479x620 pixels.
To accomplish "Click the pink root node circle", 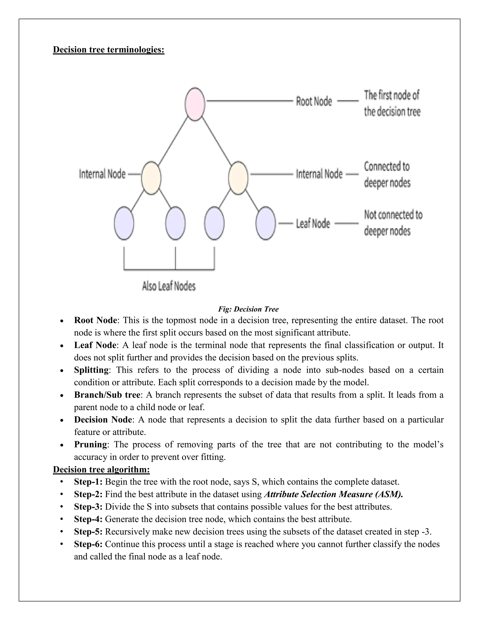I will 195,104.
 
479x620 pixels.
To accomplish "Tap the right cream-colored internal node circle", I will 238,178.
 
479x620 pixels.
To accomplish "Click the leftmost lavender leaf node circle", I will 124,223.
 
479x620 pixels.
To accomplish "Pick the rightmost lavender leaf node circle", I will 265,223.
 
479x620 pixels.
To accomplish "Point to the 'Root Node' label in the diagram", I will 314,101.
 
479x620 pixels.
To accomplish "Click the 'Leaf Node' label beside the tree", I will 313,224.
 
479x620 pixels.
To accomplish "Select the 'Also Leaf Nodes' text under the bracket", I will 169,286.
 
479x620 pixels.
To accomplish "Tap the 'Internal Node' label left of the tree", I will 102,174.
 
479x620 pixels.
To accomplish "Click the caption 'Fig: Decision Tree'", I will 248,309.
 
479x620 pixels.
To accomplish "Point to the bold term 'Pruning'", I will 91,444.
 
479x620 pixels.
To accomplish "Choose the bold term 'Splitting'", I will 91,370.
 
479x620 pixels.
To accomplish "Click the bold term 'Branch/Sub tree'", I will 107,395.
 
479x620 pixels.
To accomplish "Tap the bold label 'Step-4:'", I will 88,519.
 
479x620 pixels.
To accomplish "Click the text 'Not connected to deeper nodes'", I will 393,223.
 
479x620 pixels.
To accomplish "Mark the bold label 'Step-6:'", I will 88,544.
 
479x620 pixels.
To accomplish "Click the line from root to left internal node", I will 173,141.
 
